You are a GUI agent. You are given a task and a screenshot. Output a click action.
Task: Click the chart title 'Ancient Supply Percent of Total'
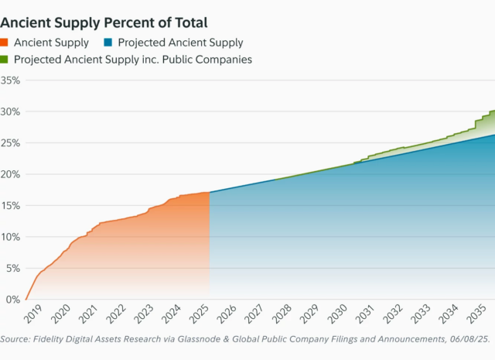pyautogui.click(x=104, y=23)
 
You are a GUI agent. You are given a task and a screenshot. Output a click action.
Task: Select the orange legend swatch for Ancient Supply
pyautogui.click(x=5, y=43)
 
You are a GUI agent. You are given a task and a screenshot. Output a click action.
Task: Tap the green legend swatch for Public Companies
pyautogui.click(x=5, y=60)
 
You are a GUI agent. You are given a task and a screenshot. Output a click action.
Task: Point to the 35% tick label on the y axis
pyautogui.click(x=10, y=80)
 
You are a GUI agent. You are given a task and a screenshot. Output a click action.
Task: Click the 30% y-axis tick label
pyautogui.click(x=10, y=111)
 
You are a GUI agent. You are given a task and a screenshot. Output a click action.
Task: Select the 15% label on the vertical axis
pyautogui.click(x=10, y=205)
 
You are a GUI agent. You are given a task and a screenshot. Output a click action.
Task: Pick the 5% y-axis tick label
pyautogui.click(x=12, y=268)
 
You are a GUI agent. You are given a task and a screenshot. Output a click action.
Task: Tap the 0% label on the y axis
pyautogui.click(x=12, y=300)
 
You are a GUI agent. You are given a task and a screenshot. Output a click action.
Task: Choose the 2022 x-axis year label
pyautogui.click(x=116, y=314)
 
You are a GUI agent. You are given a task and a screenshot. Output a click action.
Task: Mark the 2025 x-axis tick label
pyautogui.click(x=197, y=314)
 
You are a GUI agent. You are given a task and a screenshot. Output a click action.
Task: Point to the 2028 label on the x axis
pyautogui.click(x=280, y=314)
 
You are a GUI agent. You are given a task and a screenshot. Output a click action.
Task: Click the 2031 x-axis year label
pyautogui.click(x=364, y=314)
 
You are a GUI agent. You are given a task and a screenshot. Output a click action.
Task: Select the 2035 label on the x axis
pyautogui.click(x=474, y=314)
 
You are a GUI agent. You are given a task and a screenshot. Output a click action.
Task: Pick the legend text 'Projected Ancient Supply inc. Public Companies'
pyautogui.click(x=133, y=60)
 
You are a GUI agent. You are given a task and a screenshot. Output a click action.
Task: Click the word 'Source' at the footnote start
pyautogui.click(x=16, y=339)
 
